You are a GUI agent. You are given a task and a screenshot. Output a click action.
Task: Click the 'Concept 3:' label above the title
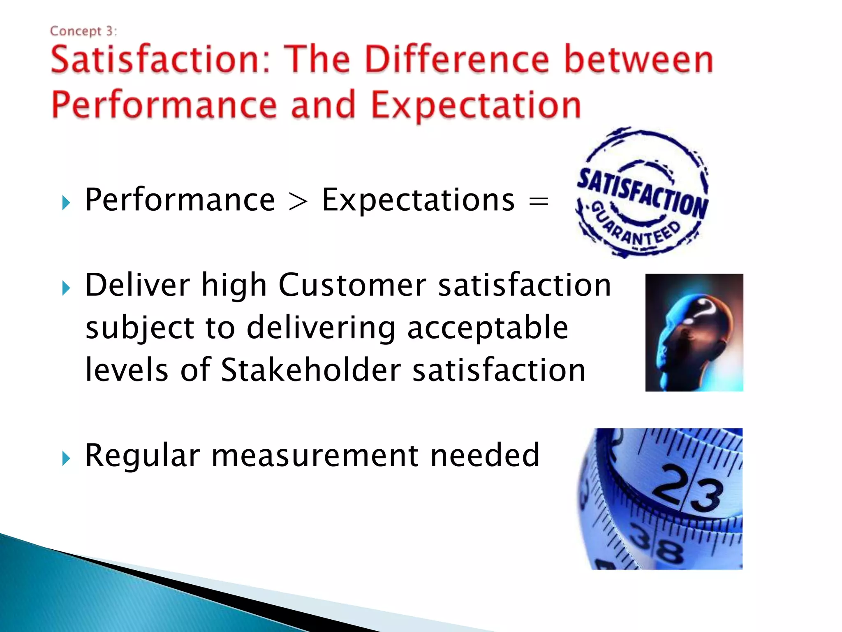click(x=83, y=31)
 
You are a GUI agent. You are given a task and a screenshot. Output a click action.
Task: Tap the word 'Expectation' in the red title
click(x=476, y=105)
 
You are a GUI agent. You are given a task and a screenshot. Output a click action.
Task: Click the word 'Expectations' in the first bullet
click(x=418, y=200)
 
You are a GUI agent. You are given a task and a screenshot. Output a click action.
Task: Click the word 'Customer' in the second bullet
click(x=352, y=285)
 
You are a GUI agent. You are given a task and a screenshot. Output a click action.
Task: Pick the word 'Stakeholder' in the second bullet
click(x=310, y=369)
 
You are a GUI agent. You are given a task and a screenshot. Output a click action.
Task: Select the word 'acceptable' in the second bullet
click(x=488, y=328)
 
